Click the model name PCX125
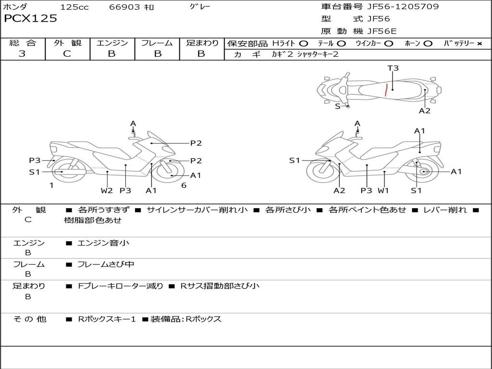coord(30,19)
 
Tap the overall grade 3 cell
coord(22,54)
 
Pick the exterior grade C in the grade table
coord(67,54)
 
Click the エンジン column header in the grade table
coord(112,43)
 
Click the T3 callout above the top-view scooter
coord(393,68)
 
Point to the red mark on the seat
coord(386,89)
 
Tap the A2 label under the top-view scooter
coord(425,111)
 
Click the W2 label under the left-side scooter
coord(107,190)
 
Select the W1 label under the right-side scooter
coord(383,190)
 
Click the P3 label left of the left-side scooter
coord(35,160)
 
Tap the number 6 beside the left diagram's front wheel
coord(184,185)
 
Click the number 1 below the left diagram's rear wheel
coord(51,185)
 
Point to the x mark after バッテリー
coord(479,43)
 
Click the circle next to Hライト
coord(304,43)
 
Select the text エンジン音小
coord(103,243)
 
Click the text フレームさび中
coord(106,264)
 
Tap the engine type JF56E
coord(382,31)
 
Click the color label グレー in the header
coord(200,7)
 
